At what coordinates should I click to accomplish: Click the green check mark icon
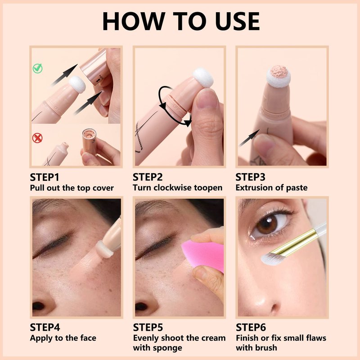[x=37, y=68]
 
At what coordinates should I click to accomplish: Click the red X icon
[x=37, y=138]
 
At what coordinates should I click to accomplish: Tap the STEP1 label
[x=45, y=177]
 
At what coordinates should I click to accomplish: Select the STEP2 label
[x=148, y=177]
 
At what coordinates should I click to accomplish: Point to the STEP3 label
[x=251, y=177]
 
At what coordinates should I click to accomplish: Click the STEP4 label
[x=45, y=328]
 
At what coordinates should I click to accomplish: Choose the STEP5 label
[x=148, y=328]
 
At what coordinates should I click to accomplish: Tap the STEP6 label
[x=251, y=328]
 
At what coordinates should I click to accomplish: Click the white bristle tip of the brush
[x=273, y=259]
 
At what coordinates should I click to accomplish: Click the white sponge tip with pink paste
[x=279, y=76]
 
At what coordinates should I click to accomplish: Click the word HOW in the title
[x=134, y=21]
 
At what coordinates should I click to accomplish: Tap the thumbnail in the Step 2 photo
[x=207, y=99]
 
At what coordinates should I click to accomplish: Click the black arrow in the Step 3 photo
[x=250, y=138]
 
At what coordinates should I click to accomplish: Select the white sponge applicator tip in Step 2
[x=203, y=77]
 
